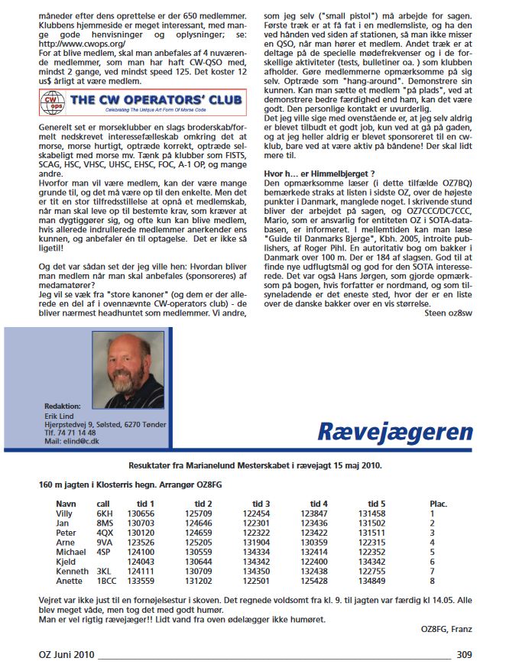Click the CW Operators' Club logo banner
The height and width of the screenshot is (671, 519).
(x=142, y=101)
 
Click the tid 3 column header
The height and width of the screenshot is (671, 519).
(x=261, y=504)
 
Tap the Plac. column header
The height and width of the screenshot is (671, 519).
(x=439, y=504)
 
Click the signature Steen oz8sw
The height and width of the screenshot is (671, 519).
(x=448, y=290)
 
